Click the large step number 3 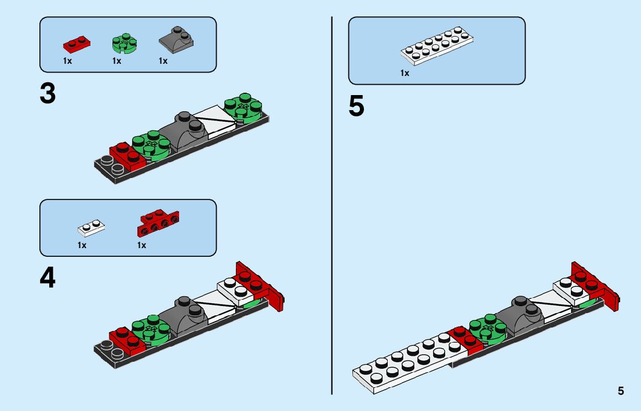tap(48, 94)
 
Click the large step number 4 tap(48, 278)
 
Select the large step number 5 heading tap(356, 106)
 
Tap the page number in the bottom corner tap(621, 391)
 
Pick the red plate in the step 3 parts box tap(77, 44)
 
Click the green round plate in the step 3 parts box tap(125, 43)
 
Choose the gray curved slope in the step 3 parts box tap(176, 39)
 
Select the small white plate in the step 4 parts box tap(91, 228)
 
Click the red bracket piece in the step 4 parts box tap(158, 223)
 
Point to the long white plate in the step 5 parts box tap(437, 46)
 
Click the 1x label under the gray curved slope tap(163, 61)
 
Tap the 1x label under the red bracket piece tap(141, 245)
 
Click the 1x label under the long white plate tap(405, 73)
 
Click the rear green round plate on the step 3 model tap(243, 108)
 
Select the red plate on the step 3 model tap(127, 157)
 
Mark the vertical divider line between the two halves tap(332, 205)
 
